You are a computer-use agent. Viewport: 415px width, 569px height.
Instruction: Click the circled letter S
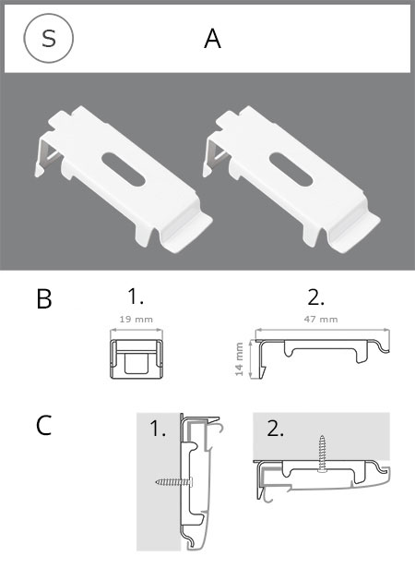tap(48, 38)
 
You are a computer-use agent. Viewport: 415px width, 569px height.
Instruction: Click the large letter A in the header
tap(212, 39)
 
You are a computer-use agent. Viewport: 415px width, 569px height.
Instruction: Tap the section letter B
tap(44, 299)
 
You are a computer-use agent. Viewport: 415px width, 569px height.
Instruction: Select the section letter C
tap(44, 425)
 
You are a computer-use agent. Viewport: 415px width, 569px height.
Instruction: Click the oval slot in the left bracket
tap(124, 169)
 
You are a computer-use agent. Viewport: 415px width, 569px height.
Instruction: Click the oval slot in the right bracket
tap(290, 169)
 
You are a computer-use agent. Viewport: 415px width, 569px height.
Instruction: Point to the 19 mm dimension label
tap(136, 320)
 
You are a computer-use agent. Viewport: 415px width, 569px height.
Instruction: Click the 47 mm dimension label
tap(321, 320)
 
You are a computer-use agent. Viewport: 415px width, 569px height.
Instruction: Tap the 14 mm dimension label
tap(239, 359)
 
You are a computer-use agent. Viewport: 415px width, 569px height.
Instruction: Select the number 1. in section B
tap(136, 297)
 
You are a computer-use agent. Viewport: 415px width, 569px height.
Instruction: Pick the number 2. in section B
tap(315, 297)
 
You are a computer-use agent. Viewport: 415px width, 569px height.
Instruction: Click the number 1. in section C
tap(158, 429)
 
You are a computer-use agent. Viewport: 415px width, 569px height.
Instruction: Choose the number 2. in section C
tap(276, 429)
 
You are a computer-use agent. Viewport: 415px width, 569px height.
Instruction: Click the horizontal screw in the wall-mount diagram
tap(174, 482)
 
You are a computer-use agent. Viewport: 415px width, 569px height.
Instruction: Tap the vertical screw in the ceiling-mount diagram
tap(322, 454)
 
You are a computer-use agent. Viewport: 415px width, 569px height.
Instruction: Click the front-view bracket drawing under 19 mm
tap(136, 359)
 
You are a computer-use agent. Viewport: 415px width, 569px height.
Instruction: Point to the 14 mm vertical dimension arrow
tap(250, 359)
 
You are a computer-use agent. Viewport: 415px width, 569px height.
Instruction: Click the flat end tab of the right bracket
tap(357, 234)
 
